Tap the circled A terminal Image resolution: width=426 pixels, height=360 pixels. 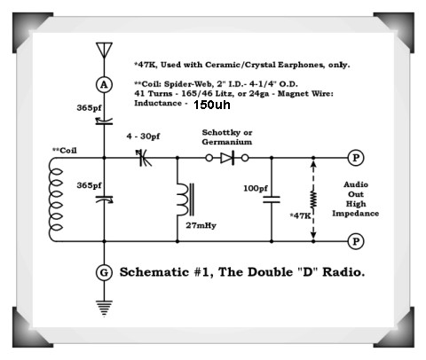[104, 82]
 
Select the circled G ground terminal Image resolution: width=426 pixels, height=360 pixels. [104, 273]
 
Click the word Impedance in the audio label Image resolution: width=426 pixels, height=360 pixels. [363, 215]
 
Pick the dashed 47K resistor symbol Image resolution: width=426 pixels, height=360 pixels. [312, 201]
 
